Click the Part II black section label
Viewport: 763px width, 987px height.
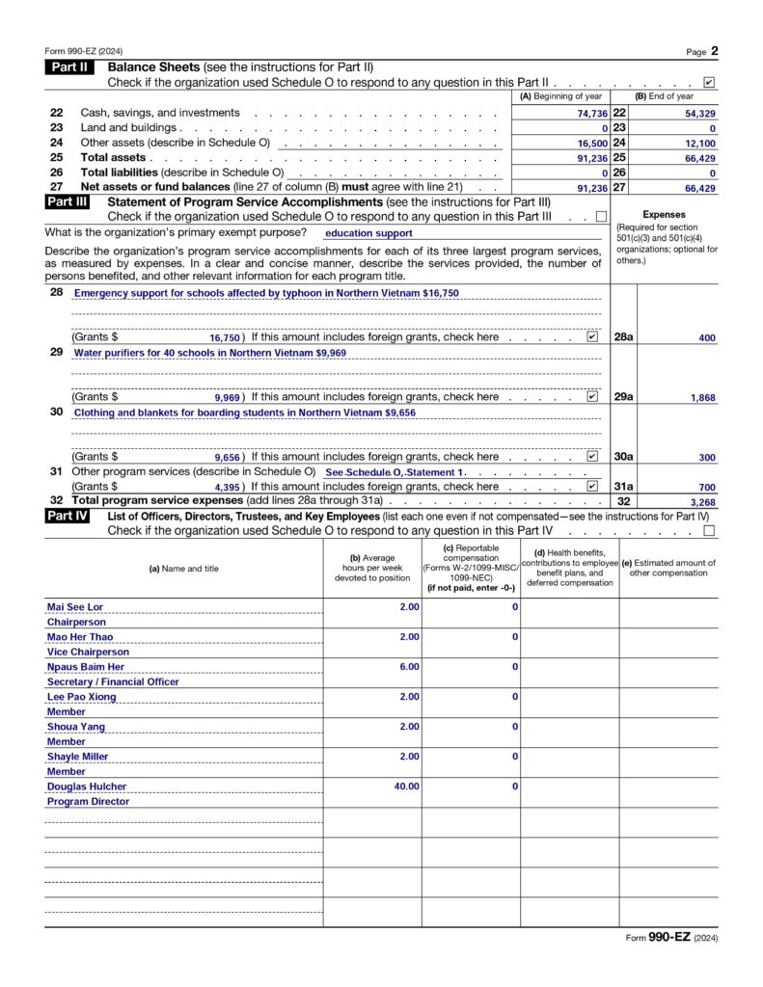point(67,67)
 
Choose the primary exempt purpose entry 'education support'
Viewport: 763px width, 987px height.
point(368,233)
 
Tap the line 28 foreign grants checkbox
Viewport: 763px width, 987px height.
point(592,337)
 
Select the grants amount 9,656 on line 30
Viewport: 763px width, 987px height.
point(227,457)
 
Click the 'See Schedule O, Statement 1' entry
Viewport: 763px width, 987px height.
point(395,472)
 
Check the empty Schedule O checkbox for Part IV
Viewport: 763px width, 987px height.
point(710,530)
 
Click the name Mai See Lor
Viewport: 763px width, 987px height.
point(75,607)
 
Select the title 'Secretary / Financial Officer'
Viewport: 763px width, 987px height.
point(113,681)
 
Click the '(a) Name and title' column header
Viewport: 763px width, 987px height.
point(183,569)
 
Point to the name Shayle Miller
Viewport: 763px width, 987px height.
point(78,757)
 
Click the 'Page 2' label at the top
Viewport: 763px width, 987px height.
point(702,51)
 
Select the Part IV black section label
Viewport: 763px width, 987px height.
point(67,516)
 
